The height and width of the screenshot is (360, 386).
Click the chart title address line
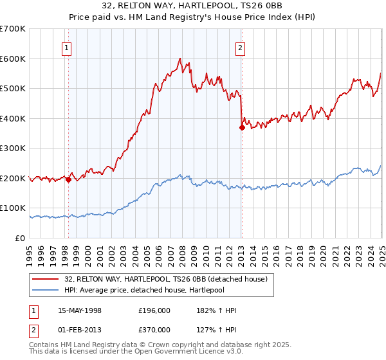tap(192, 6)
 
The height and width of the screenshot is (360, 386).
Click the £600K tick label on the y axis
tap(13, 59)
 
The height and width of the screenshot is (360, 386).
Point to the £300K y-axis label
tap(13, 148)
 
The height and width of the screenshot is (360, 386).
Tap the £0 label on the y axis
tap(21, 238)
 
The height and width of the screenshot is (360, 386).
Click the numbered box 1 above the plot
tap(67, 47)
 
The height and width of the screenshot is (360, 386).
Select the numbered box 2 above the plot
tap(240, 47)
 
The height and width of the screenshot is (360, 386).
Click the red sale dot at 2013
tap(242, 127)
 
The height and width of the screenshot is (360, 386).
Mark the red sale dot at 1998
tap(68, 179)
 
